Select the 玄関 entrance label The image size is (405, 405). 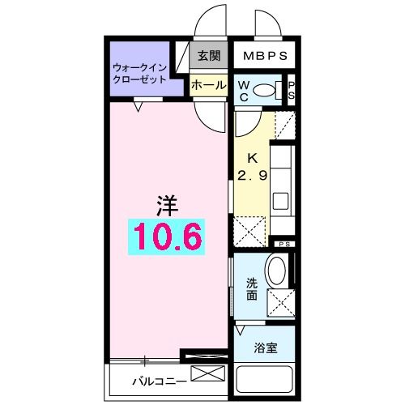point(208,57)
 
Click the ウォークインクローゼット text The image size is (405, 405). point(139,75)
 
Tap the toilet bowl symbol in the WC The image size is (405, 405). point(264,89)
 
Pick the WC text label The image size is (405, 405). point(243,91)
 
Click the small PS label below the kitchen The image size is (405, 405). point(284,244)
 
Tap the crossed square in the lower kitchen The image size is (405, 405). point(250,231)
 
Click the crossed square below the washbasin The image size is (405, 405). point(281,302)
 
